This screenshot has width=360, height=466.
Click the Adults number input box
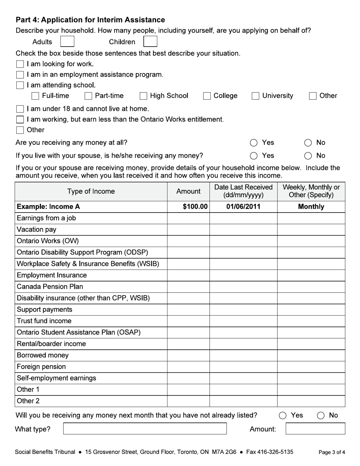(67, 41)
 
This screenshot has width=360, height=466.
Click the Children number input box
(150, 41)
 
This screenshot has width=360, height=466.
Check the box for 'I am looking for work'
(20, 64)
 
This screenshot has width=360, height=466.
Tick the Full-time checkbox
(35, 96)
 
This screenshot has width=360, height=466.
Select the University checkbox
(256, 96)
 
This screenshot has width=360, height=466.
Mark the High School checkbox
(144, 96)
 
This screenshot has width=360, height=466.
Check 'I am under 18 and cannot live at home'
(20, 109)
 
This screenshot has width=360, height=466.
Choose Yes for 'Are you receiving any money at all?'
(254, 143)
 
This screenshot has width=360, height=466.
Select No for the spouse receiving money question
(308, 156)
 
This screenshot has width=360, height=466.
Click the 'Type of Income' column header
(91, 191)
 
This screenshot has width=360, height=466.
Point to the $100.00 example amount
(195, 207)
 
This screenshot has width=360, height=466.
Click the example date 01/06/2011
(243, 207)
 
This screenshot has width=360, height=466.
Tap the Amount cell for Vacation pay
(188, 230)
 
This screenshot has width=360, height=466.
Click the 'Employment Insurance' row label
(52, 275)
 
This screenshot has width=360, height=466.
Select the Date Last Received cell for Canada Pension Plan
(243, 287)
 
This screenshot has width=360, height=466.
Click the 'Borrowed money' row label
(43, 355)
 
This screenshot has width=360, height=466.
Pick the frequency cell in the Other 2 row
(311, 401)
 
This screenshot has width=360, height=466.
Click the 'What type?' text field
(145, 429)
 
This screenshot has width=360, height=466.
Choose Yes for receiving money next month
(283, 415)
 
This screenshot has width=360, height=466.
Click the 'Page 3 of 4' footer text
(332, 452)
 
